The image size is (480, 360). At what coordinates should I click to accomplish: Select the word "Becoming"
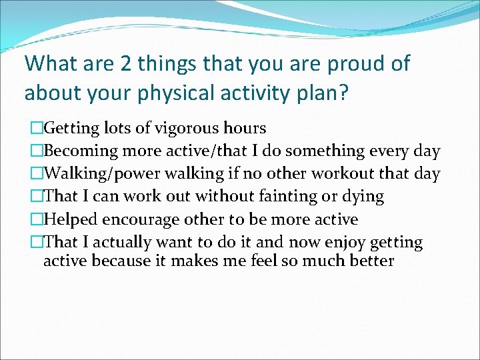[75, 151]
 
